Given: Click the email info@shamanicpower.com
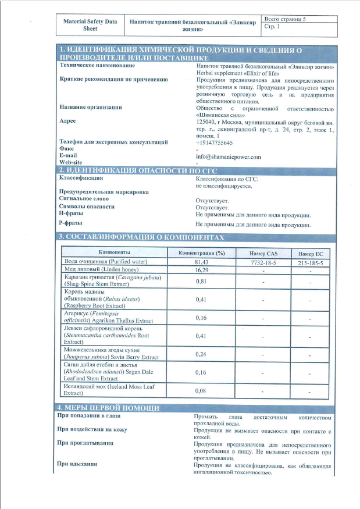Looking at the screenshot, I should (229, 156).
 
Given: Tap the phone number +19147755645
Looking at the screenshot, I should (215, 143).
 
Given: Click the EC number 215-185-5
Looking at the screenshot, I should (310, 262).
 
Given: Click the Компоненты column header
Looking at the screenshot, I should (114, 252).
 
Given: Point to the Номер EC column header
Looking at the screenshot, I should (310, 254).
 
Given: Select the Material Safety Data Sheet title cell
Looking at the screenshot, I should (90, 24).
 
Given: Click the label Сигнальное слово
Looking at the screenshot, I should (87, 199).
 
